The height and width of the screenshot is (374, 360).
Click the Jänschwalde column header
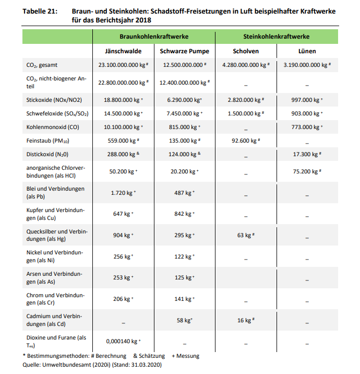(124, 51)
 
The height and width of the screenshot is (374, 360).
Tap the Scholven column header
(246, 51)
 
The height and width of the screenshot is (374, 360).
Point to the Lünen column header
(308, 51)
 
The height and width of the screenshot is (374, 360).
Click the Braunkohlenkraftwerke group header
(154, 37)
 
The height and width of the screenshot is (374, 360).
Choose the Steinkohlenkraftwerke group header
(277, 37)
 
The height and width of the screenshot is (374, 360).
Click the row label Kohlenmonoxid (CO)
(52, 127)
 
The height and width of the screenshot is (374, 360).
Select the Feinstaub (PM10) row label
(49, 141)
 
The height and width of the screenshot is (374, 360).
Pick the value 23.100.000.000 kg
(122, 65)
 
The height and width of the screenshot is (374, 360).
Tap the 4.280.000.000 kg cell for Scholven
(244, 65)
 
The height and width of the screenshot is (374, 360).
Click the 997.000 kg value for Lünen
(305, 99)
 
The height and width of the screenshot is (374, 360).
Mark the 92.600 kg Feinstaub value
(244, 141)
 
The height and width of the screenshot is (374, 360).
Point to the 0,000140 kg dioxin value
(122, 342)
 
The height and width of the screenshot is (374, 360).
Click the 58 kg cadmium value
(183, 320)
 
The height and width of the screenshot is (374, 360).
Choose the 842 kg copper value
(183, 214)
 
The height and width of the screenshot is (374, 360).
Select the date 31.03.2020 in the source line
(146, 365)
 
